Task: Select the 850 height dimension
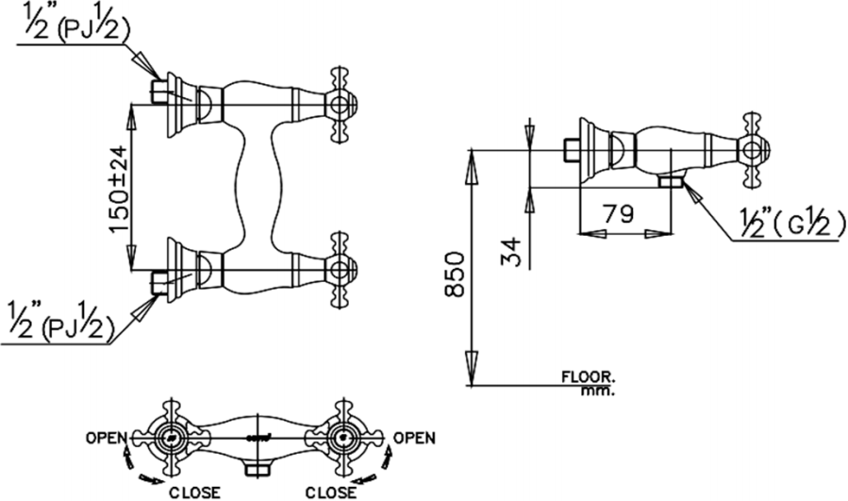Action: [453, 275]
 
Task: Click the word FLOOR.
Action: [589, 376]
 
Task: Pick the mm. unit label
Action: [598, 389]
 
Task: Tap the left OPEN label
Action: [105, 438]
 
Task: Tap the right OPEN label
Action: [414, 438]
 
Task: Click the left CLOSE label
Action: [194, 492]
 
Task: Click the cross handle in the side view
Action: [752, 149]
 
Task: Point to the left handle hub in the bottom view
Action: [170, 437]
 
